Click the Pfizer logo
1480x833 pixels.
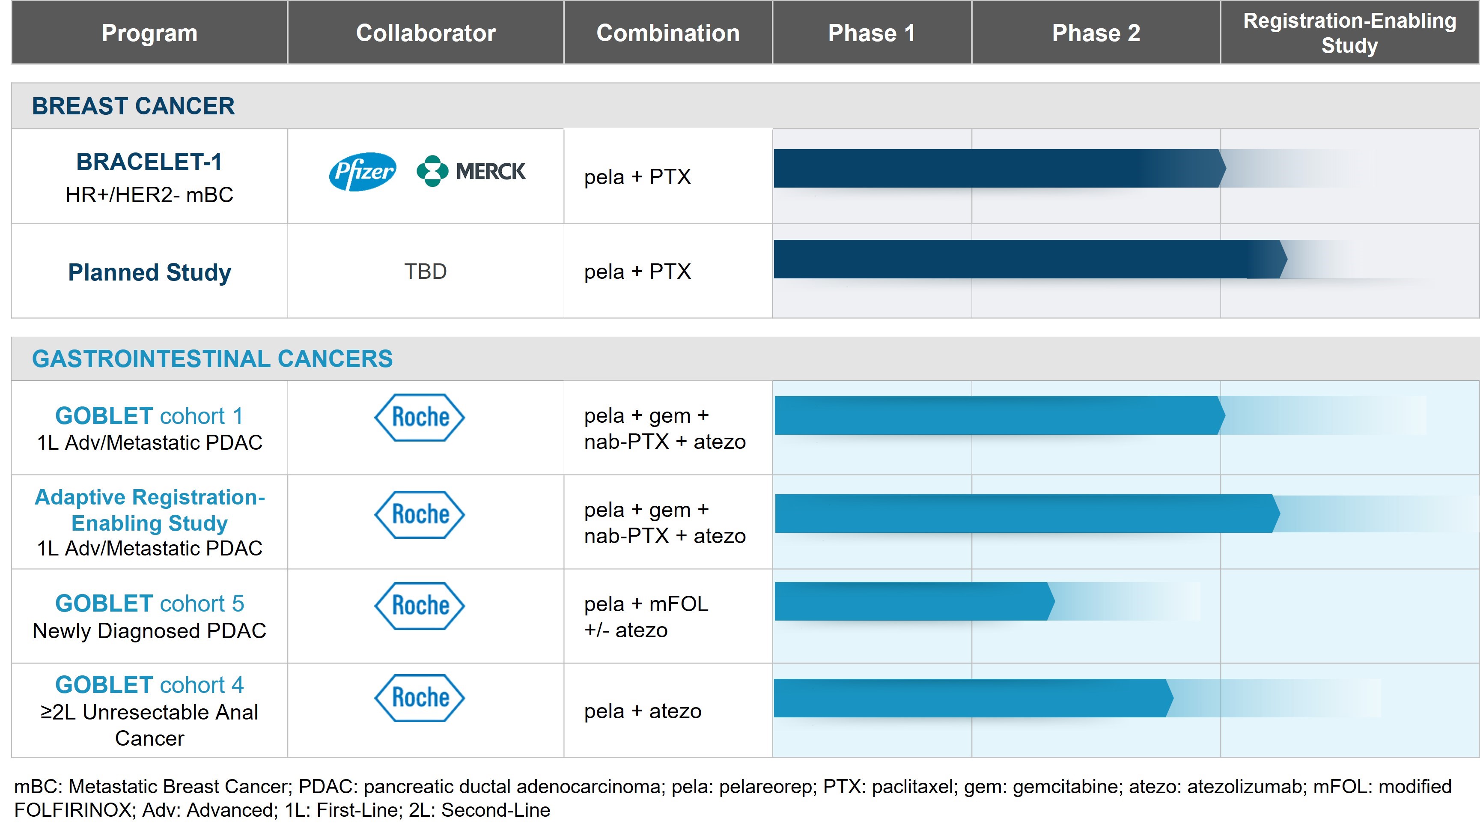click(x=362, y=171)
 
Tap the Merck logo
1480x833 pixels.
click(x=471, y=171)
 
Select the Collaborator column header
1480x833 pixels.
click(x=425, y=33)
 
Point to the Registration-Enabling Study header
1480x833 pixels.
click(x=1349, y=33)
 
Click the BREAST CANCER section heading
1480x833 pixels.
click(x=133, y=106)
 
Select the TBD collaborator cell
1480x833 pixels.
click(x=425, y=272)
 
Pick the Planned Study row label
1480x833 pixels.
click(x=149, y=272)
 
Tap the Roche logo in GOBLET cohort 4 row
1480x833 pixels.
click(x=420, y=697)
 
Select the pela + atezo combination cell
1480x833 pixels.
click(x=642, y=711)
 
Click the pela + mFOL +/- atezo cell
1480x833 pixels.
click(x=646, y=617)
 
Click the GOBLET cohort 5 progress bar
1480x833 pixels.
click(x=914, y=601)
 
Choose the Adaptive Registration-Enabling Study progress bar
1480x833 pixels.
click(x=1023, y=514)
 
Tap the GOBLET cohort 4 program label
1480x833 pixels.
click(x=149, y=685)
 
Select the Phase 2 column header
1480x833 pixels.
click(x=1096, y=33)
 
